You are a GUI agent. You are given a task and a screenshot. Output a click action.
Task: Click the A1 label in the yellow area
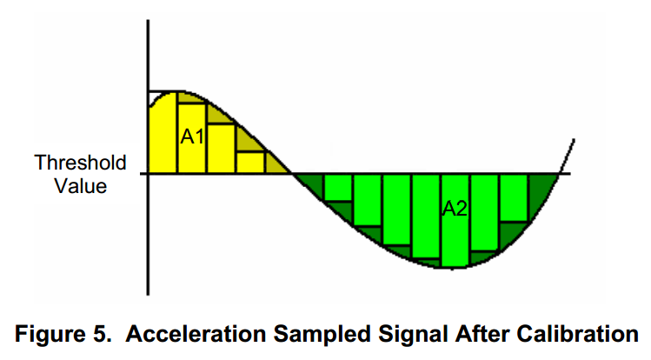[192, 136]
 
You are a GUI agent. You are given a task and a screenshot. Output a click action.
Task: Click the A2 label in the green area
[455, 209]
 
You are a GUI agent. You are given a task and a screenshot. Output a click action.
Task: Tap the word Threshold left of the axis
[80, 163]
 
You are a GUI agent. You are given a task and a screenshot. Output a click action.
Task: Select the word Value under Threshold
[80, 185]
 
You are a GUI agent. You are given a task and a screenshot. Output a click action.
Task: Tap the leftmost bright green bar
[337, 193]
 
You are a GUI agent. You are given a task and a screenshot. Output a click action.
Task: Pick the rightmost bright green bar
[514, 197]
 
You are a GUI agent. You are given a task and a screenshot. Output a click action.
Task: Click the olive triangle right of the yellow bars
[277, 163]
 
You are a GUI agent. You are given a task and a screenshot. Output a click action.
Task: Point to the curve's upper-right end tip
[573, 139]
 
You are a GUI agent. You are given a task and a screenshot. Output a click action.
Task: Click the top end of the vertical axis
[149, 19]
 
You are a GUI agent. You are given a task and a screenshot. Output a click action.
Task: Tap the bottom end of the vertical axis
[149, 293]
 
